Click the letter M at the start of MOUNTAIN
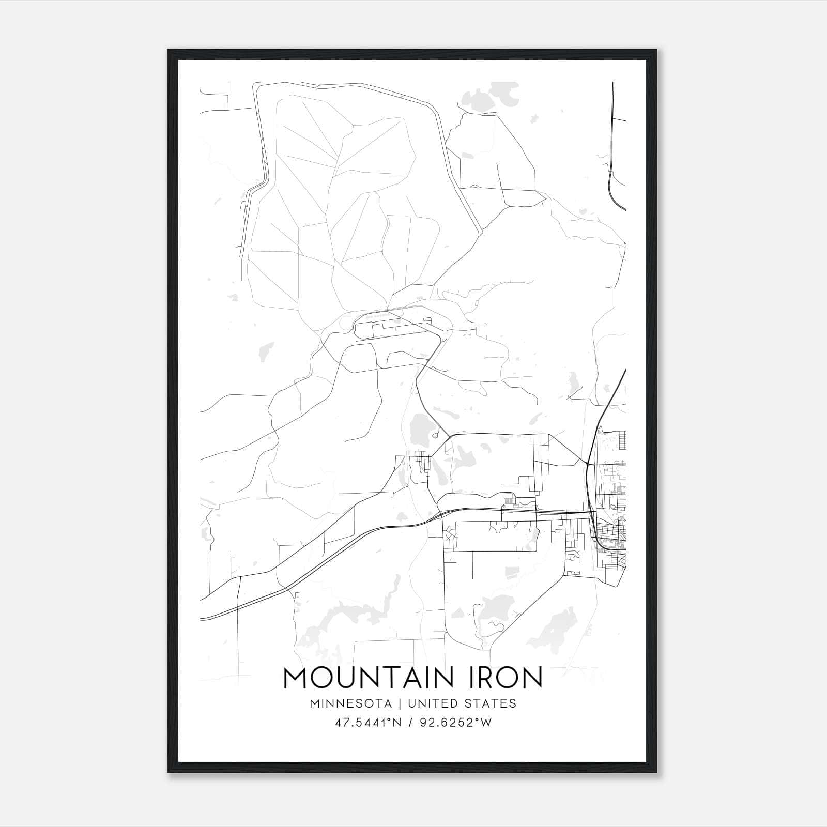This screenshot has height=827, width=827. pos(296,678)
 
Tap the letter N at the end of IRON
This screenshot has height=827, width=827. pos(533,678)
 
